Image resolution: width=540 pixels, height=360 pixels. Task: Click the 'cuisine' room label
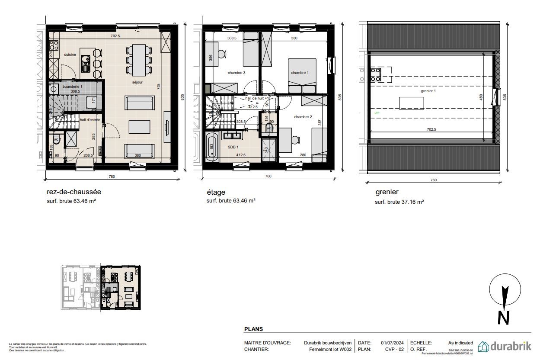coord(70,55)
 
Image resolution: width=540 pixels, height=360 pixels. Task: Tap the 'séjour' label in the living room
coord(137,82)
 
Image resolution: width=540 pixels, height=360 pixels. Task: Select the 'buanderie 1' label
coord(72,87)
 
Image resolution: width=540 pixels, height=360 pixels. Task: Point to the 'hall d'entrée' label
coord(90,120)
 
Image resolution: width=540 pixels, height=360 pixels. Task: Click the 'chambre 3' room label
coord(236,73)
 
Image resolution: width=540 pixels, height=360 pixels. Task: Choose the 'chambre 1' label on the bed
coord(300,73)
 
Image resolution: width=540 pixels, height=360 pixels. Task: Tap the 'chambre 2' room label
coord(303,117)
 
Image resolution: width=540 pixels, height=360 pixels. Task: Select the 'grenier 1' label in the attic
coord(428,91)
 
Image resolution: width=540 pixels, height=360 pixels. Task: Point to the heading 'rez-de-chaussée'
coord(74,192)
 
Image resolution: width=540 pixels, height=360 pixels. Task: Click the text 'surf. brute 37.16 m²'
coord(399,202)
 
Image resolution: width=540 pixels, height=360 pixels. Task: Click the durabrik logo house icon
coord(483,346)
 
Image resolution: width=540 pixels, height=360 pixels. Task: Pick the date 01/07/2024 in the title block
coord(392,343)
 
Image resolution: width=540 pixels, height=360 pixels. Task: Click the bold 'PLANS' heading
coord(254,329)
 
